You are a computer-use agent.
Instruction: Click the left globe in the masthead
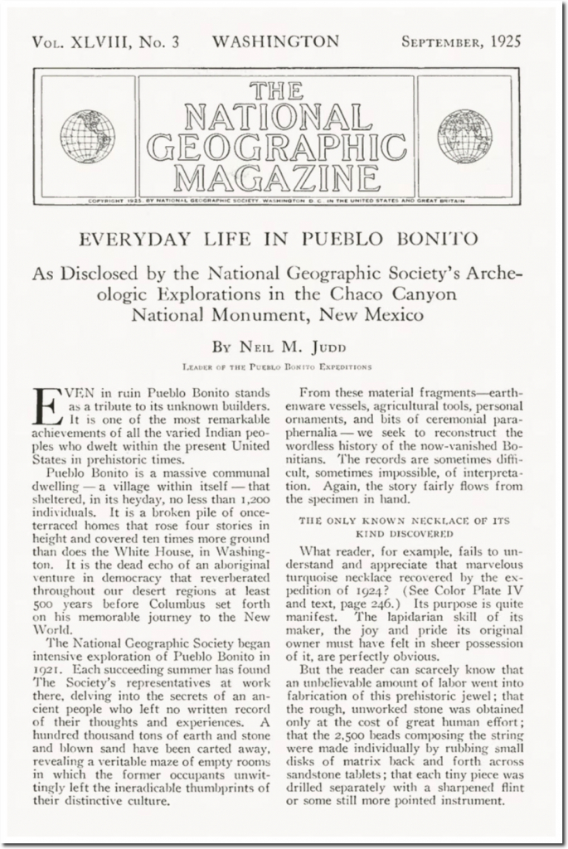[87, 137]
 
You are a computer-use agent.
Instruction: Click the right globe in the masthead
[464, 137]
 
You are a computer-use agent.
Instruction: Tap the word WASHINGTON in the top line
[275, 41]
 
